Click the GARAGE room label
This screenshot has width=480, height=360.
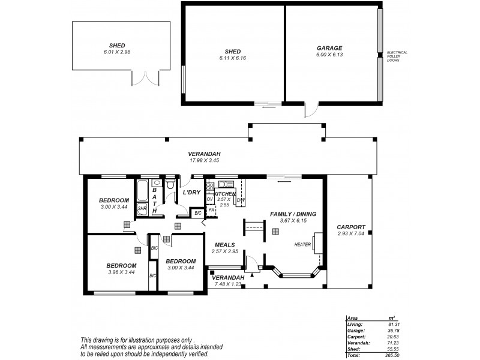click(x=329, y=47)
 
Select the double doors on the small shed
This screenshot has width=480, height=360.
click(x=145, y=77)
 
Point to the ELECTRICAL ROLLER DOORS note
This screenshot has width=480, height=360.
click(x=397, y=56)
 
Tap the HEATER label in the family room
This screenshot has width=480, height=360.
click(x=302, y=245)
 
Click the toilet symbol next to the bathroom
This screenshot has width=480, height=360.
click(x=170, y=183)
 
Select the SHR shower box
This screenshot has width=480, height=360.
click(x=142, y=209)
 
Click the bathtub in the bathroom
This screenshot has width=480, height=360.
click(x=143, y=191)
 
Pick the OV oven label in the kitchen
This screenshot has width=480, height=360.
click(x=210, y=199)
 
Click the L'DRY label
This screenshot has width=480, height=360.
click(x=191, y=192)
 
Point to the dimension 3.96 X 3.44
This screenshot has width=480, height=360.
click(x=122, y=272)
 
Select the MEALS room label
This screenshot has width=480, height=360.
click(x=224, y=245)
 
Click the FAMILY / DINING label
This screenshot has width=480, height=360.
click(x=293, y=214)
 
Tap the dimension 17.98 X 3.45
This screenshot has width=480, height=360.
click(x=205, y=160)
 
